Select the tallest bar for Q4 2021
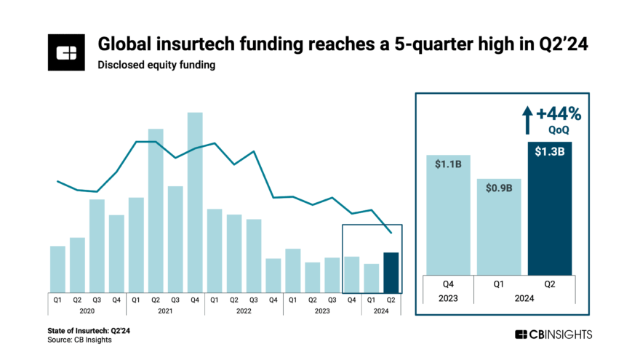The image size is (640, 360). [195, 201]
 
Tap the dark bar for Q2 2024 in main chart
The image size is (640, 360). [391, 271]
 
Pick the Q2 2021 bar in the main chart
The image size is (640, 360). [156, 209]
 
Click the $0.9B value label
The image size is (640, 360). [499, 188]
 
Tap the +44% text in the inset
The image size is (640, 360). [560, 114]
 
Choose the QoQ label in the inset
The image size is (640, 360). [561, 130]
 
